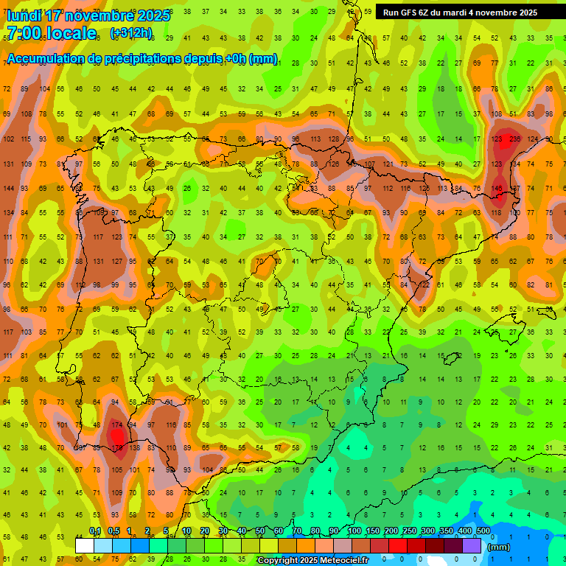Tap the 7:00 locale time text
(51, 33)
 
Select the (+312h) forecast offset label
(131, 33)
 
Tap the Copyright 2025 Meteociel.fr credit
(312, 560)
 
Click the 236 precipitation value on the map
(514, 139)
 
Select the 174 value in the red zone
(116, 425)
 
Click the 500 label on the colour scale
(483, 531)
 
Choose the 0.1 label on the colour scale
(95, 531)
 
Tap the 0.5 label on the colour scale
(113, 531)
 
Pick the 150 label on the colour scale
(372, 531)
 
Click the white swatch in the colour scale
(85, 545)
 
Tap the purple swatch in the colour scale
(472, 545)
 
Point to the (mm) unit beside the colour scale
(499, 547)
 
